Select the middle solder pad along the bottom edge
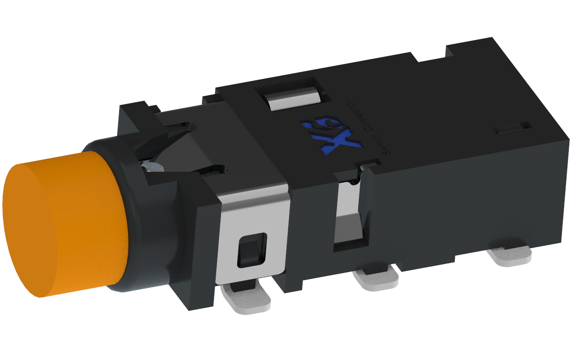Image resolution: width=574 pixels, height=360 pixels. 376,280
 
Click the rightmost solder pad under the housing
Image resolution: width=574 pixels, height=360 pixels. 510,256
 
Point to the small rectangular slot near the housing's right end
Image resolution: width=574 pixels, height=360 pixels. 513,127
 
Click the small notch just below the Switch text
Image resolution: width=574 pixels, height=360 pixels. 368,164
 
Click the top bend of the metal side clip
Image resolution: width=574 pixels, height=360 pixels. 252,191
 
